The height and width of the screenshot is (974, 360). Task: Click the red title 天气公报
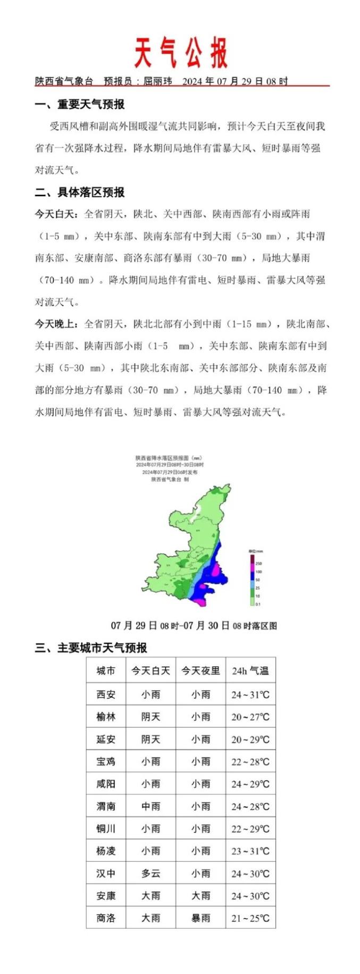(x=180, y=53)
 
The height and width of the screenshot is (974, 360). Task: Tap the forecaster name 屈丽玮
(x=157, y=81)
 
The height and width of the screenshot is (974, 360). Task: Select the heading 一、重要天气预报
(x=80, y=104)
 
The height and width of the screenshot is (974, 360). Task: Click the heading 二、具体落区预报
(x=80, y=192)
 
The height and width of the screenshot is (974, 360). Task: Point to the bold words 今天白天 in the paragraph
(x=56, y=214)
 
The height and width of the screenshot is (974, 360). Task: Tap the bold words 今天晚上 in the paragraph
(x=56, y=324)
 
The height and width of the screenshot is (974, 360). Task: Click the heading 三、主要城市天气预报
(x=91, y=648)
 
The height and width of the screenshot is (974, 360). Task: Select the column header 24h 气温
(x=250, y=671)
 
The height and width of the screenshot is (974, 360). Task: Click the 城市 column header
(x=106, y=671)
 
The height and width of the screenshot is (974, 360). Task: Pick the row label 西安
(x=106, y=694)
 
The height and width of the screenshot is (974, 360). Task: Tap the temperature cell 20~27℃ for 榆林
(x=250, y=717)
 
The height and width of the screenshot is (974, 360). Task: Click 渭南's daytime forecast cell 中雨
(x=150, y=806)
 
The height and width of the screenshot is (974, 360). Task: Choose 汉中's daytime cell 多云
(x=150, y=873)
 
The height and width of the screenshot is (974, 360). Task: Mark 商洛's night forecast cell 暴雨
(x=200, y=918)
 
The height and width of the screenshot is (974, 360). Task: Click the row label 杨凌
(x=106, y=851)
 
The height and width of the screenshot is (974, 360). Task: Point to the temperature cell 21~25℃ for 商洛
(x=250, y=918)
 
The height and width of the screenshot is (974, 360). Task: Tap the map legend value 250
(x=258, y=563)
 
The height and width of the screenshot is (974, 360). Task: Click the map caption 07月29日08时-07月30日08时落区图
(x=194, y=626)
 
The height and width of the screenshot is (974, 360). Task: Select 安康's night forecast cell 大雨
(x=200, y=896)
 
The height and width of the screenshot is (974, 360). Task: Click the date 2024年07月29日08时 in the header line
(x=235, y=81)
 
